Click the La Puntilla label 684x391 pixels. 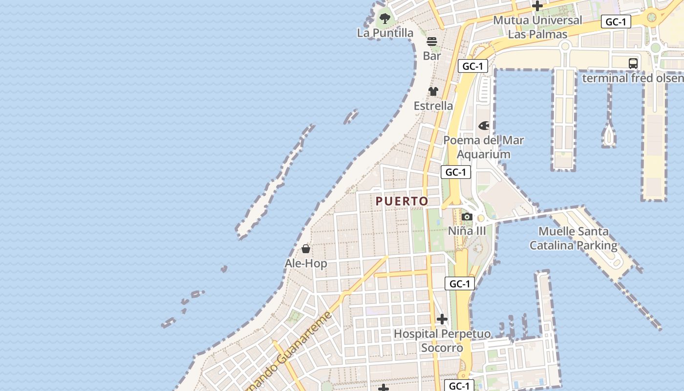(x=385, y=33)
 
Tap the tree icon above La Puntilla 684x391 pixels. (x=385, y=19)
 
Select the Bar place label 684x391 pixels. (x=432, y=56)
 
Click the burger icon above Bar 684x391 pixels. (x=432, y=42)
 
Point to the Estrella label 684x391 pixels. (x=433, y=106)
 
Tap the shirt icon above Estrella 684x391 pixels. (x=433, y=91)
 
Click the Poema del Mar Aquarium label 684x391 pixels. (x=483, y=147)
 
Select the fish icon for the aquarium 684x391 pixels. (x=484, y=126)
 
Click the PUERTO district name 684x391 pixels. (x=402, y=201)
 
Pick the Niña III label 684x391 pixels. (x=467, y=231)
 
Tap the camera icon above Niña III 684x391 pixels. (x=467, y=217)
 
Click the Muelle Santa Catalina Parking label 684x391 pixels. (x=574, y=238)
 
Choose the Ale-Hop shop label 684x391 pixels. (x=306, y=263)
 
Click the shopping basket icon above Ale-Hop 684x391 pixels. (x=306, y=249)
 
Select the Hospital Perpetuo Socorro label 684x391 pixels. (x=442, y=341)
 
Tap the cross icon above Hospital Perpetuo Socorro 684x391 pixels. (x=442, y=320)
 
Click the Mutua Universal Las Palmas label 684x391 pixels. (x=537, y=27)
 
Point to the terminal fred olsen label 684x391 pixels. (x=633, y=78)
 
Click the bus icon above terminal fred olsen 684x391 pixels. (x=633, y=64)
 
